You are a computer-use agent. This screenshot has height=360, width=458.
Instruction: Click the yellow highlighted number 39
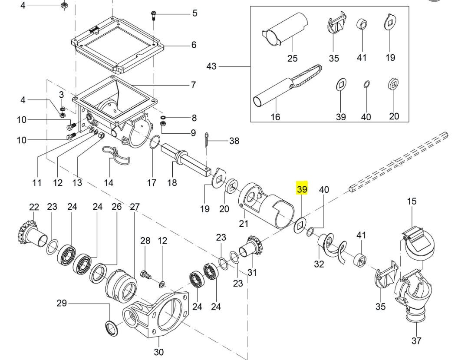pyautogui.click(x=302, y=189)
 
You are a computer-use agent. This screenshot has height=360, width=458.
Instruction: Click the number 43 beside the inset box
pyautogui.click(x=211, y=66)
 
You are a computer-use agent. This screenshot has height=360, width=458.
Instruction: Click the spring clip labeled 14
pyautogui.click(x=115, y=155)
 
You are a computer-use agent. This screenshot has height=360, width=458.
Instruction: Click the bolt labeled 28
pyautogui.click(x=145, y=275)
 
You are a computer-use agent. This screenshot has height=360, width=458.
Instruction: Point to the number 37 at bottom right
pyautogui.click(x=417, y=341)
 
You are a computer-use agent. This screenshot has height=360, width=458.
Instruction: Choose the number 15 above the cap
pyautogui.click(x=412, y=201)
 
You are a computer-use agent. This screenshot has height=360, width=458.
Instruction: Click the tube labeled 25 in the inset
pyautogui.click(x=285, y=29)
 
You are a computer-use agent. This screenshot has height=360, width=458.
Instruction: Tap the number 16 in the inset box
pyautogui.click(x=275, y=117)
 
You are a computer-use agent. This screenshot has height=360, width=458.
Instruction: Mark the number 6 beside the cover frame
pyautogui.click(x=194, y=45)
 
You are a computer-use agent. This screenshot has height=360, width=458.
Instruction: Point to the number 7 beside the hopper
pyautogui.click(x=194, y=85)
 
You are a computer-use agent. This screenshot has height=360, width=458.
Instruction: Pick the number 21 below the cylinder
pyautogui.click(x=244, y=224)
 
